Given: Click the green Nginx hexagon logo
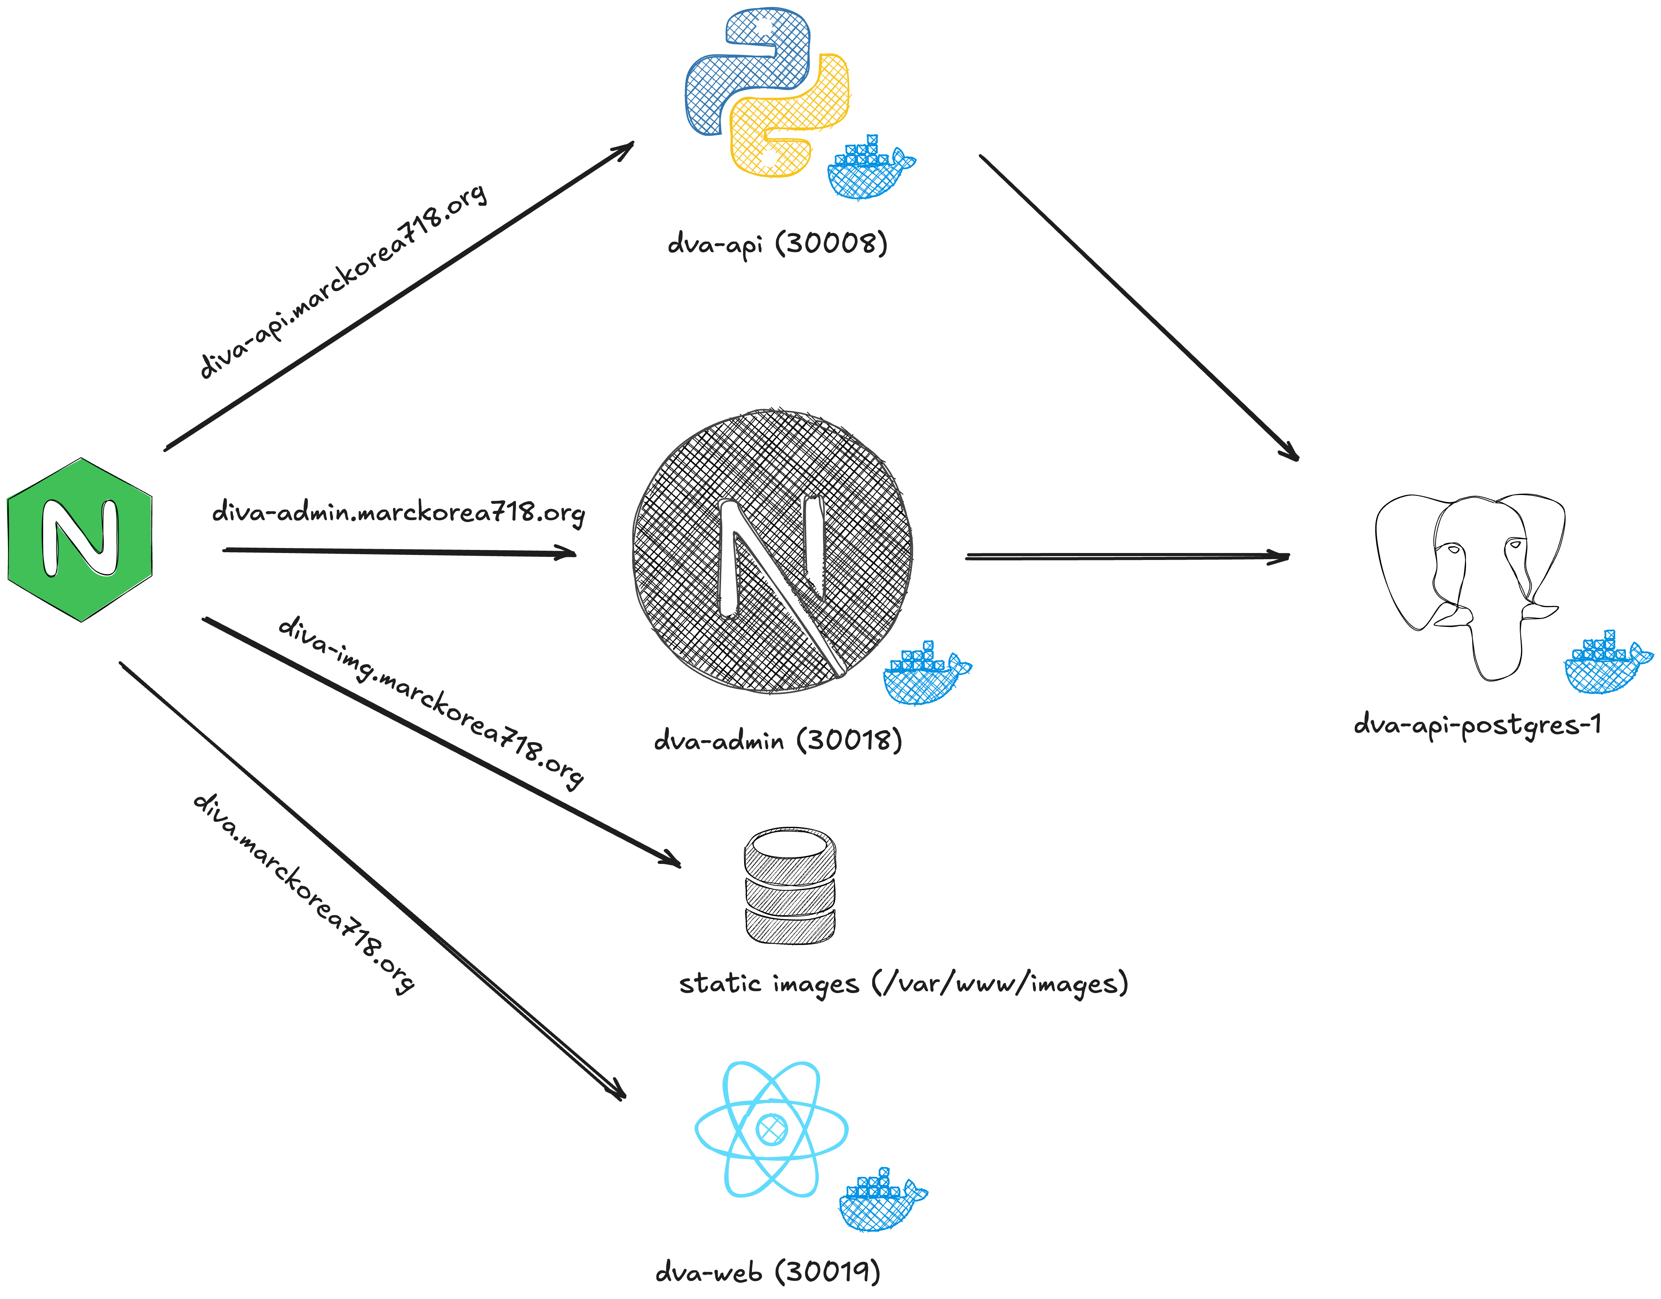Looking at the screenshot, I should click(80, 540).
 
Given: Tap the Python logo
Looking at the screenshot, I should click(767, 93).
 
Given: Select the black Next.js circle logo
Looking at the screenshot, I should click(772, 551).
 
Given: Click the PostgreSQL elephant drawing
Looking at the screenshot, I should click(1468, 582).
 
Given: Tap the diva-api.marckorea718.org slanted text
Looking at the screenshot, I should click(342, 282).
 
